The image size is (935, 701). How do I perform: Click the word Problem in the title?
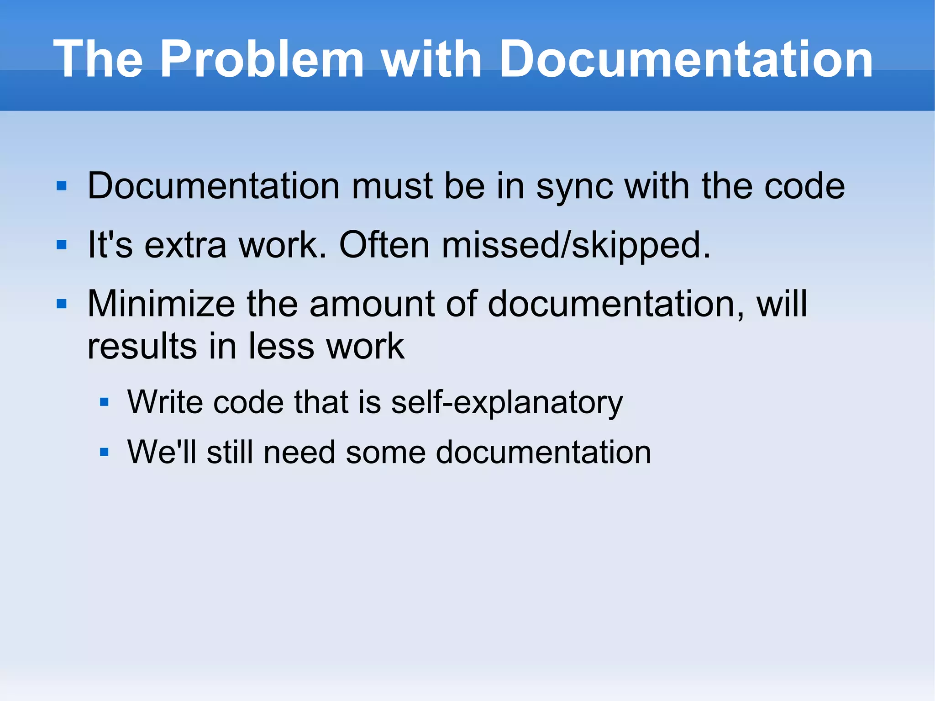(262, 59)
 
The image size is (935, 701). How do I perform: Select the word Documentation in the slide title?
(686, 59)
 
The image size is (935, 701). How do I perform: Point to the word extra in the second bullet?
(185, 245)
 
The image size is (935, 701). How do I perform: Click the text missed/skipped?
(576, 245)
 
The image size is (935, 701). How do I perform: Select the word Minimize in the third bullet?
(161, 304)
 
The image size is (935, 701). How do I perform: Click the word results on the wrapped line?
(142, 346)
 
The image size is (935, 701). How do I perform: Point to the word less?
(281, 346)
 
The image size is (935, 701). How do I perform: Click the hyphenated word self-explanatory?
(507, 402)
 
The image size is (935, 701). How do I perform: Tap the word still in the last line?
(230, 452)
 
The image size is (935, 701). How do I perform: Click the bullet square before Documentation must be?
(62, 186)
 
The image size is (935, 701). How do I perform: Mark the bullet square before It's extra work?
(62, 245)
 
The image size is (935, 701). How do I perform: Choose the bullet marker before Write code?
(105, 402)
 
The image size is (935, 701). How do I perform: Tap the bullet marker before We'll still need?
(105, 453)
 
